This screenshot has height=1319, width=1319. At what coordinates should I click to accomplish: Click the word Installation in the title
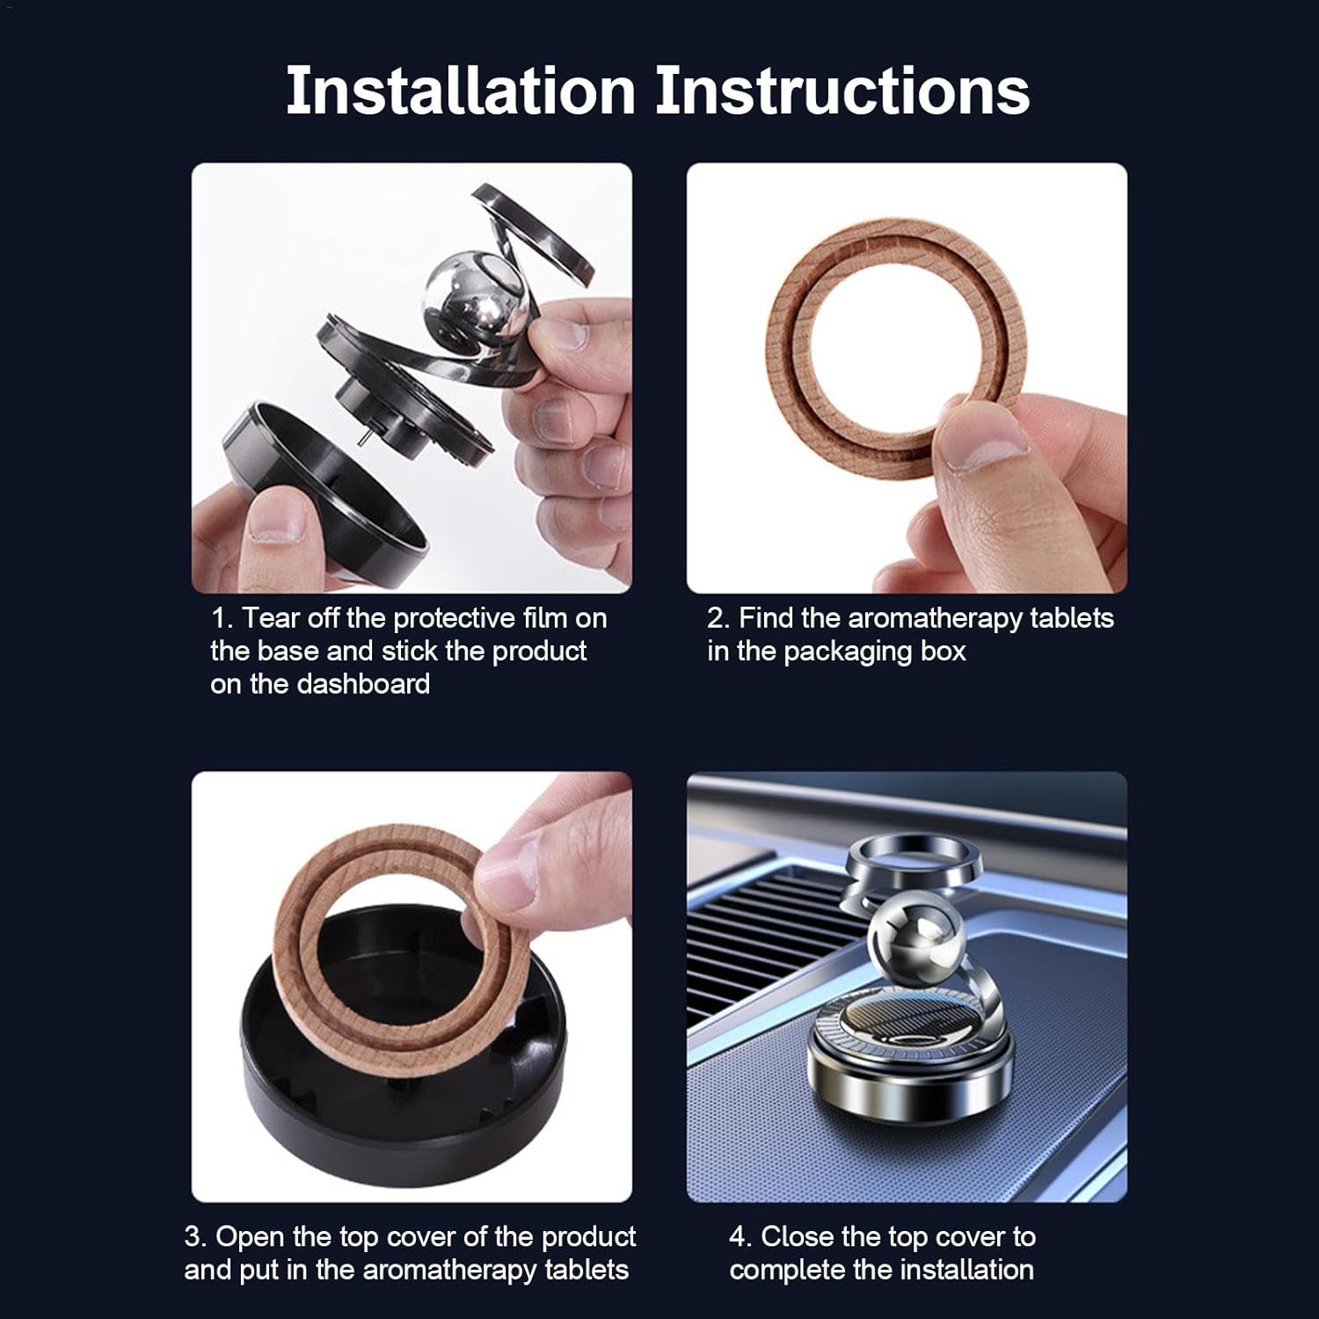point(460,91)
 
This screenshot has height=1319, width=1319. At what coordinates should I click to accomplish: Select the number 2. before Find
point(718,618)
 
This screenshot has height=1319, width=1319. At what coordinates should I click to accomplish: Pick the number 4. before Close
point(740,1236)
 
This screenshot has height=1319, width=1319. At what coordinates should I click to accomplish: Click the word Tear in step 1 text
point(270,618)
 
